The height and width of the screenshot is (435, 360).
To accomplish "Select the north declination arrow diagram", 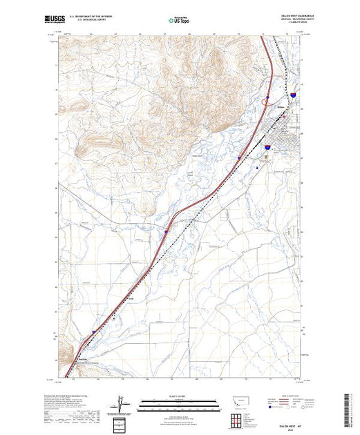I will [x=122, y=403].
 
